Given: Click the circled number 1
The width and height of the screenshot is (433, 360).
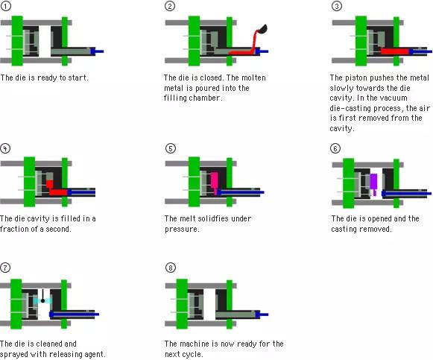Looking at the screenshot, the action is [5, 6].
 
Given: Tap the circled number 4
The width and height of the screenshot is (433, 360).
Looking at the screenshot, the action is [5, 148].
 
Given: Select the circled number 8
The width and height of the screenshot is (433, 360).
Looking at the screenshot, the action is [171, 268].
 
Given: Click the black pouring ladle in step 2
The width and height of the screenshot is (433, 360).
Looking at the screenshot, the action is [262, 29].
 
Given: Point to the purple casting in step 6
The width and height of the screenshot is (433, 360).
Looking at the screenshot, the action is [373, 183].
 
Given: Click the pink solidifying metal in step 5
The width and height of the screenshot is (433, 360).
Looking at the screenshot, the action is [215, 181].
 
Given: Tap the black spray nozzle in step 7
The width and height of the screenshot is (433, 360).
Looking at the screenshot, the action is [42, 296].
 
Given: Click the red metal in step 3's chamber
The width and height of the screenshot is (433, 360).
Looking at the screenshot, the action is [394, 51].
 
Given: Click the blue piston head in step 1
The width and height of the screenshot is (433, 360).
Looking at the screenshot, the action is [93, 51].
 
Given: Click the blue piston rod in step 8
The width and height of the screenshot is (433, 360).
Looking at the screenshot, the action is [264, 315].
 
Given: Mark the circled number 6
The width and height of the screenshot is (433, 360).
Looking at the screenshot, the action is [335, 148].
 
